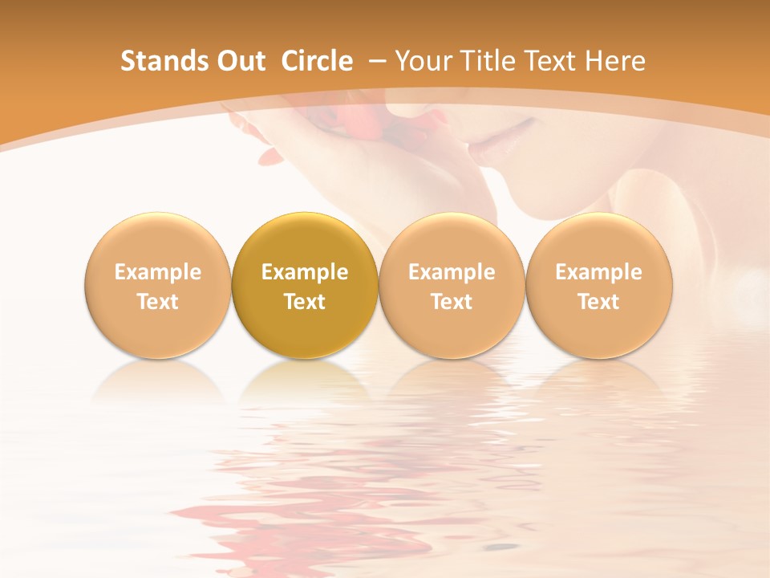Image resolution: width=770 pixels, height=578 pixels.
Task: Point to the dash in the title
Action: (x=374, y=61)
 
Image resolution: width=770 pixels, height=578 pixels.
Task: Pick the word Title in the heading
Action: (x=488, y=61)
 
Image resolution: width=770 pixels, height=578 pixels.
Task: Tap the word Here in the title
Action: (x=616, y=61)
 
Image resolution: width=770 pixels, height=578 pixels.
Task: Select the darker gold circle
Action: (x=305, y=285)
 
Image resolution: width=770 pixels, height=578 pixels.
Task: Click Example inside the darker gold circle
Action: (x=305, y=272)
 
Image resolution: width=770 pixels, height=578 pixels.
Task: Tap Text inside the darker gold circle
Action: (x=305, y=302)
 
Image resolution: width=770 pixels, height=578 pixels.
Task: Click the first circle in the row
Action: (x=158, y=285)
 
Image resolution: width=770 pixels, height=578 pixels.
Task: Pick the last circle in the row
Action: (x=599, y=285)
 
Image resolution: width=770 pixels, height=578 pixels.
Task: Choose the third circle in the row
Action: (x=452, y=285)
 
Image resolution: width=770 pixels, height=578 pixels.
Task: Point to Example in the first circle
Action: (x=158, y=272)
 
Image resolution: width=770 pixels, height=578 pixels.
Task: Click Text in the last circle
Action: (x=599, y=302)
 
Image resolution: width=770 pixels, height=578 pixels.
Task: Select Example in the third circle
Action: (x=452, y=272)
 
